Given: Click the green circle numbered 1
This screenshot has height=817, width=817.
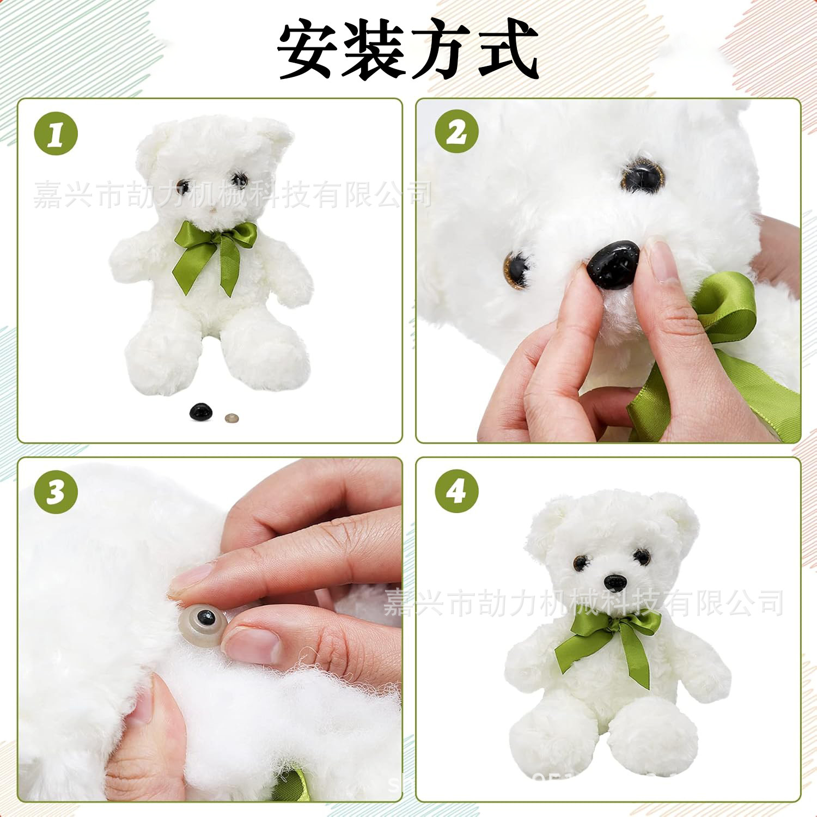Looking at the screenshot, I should [56, 133].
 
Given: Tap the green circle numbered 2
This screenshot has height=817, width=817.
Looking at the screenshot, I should [456, 131].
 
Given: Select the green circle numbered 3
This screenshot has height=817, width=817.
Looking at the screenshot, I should [56, 491].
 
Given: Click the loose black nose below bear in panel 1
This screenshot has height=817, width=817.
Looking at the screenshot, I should [201, 412].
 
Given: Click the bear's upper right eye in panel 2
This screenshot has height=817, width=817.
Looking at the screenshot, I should [644, 176].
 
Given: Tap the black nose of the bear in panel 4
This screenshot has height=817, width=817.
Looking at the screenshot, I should [615, 582].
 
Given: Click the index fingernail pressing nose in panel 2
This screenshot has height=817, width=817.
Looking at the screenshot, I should [661, 260].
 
